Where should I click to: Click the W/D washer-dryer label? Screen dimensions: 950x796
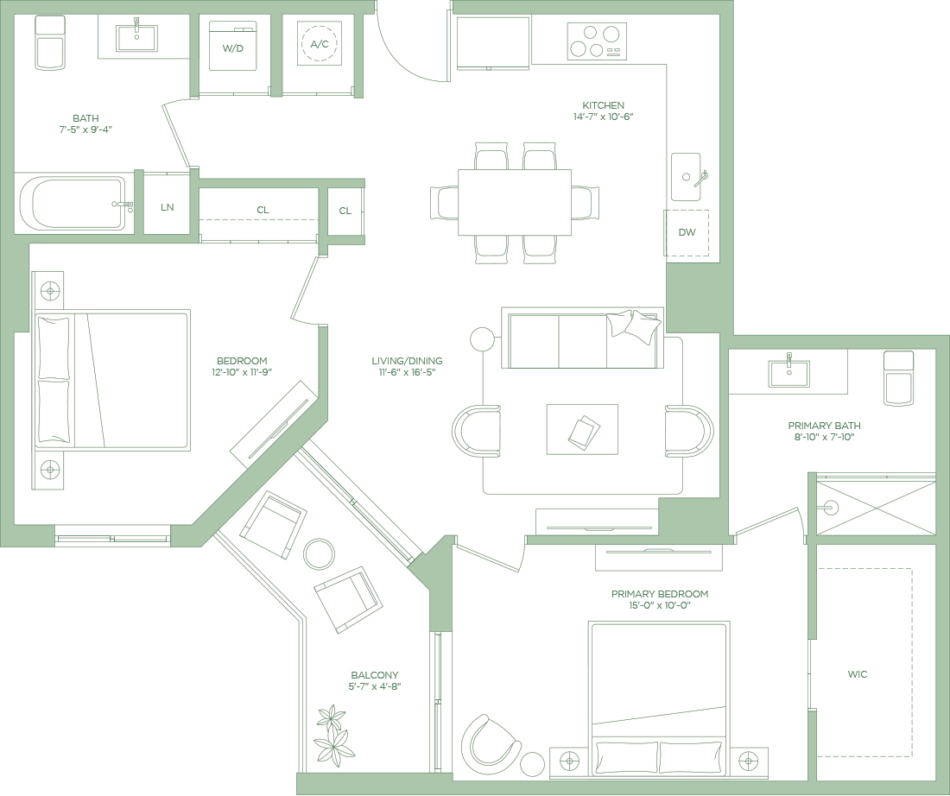[232, 48]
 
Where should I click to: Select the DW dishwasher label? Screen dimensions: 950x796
[687, 232]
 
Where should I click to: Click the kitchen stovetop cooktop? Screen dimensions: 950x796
[597, 41]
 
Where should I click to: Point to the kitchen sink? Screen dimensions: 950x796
[686, 177]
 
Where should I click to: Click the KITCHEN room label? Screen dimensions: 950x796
[603, 105]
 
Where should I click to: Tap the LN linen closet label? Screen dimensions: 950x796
[168, 207]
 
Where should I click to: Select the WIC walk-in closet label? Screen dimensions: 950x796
[858, 674]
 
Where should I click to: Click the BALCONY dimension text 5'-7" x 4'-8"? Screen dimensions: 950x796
[375, 686]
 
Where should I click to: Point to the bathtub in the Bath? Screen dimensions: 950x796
[72, 203]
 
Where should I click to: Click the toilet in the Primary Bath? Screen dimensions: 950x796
[898, 378]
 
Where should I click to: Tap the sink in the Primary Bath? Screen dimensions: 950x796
[788, 373]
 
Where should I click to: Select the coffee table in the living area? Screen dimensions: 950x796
[582, 429]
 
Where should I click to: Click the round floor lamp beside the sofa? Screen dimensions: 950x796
[482, 340]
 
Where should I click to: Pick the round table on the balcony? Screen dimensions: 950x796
[319, 554]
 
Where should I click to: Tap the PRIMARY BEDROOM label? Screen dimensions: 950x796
[660, 594]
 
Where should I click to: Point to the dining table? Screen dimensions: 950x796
[515, 202]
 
